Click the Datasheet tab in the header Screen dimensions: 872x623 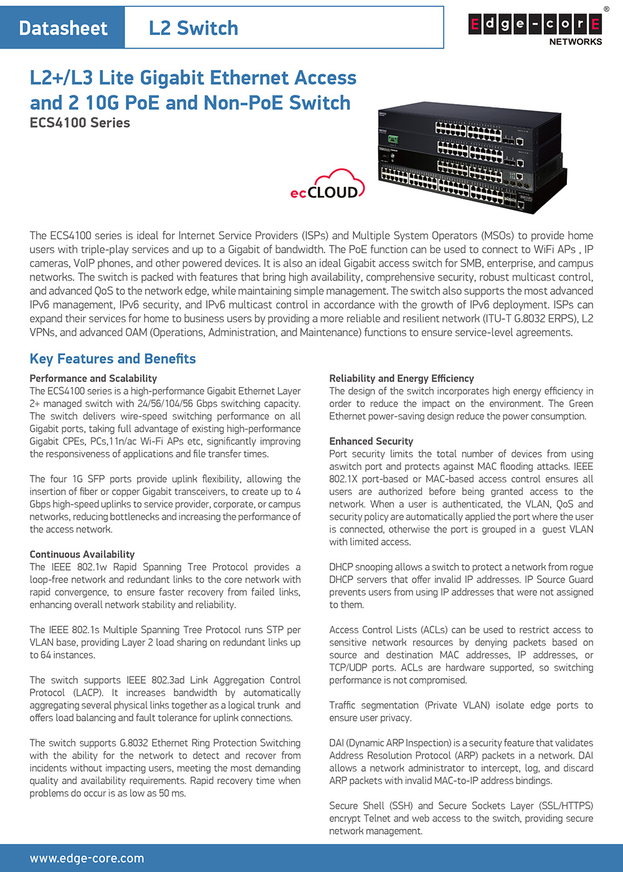click(63, 28)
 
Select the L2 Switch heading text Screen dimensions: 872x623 click(193, 28)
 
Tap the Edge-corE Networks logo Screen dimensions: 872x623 click(535, 29)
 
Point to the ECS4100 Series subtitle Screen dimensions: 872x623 click(80, 123)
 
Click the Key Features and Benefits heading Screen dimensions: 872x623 click(113, 358)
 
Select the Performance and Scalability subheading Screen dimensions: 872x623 click(93, 378)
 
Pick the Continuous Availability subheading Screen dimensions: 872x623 click(82, 554)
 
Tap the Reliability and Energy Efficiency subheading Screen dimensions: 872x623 click(401, 378)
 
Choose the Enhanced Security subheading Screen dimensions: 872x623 click(371, 441)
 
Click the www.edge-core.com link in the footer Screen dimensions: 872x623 click(87, 858)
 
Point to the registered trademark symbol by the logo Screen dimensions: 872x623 click(607, 9)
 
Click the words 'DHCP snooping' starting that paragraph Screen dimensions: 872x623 click(361, 567)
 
